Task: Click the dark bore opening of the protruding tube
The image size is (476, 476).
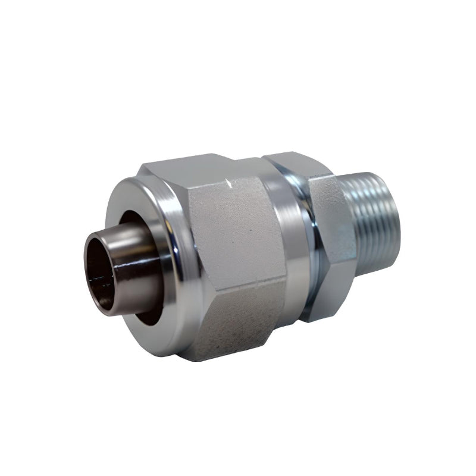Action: (x=100, y=271)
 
